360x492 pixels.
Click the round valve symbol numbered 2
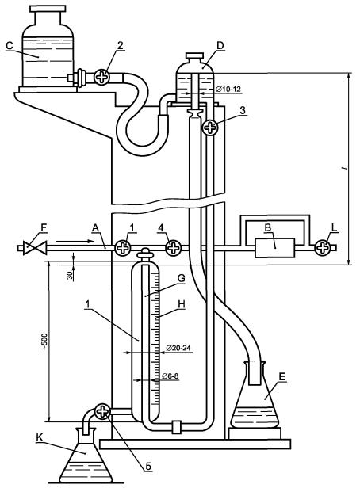pos(101,77)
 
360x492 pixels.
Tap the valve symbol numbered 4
pos(173,248)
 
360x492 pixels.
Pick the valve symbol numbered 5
pos(102,411)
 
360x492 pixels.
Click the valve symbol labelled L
pos(322,248)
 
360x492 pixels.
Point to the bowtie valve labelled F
pos(35,248)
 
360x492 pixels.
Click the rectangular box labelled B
pos(274,248)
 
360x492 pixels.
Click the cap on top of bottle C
pos(48,9)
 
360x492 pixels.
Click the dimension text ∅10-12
pos(228,90)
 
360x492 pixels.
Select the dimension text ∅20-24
pos(178,348)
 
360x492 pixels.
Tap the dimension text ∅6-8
pos(170,376)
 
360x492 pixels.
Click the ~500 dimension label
pos(44,341)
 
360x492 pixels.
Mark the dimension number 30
pos(70,276)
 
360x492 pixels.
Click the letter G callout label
pos(182,278)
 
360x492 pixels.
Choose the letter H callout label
pos(182,304)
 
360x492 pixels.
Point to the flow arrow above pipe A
pos(75,241)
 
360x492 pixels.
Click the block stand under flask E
pos(255,433)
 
